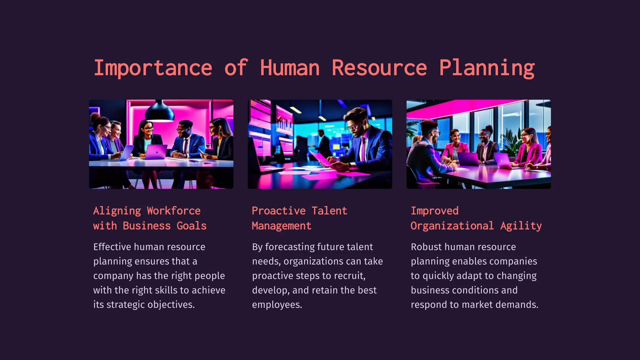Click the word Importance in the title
pos(153,68)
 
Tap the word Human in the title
pos(290,68)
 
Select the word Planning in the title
pos(487,68)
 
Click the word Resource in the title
pos(379,68)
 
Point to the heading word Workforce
pos(173,211)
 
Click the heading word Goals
pos(192,226)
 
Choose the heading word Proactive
pos(278,211)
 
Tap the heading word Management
pos(282,226)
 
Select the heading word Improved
pos(435,211)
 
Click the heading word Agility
pos(521,226)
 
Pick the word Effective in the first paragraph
pos(112,247)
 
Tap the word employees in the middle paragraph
pos(277,305)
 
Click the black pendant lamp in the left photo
pos(160,112)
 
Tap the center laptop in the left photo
pos(156,152)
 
